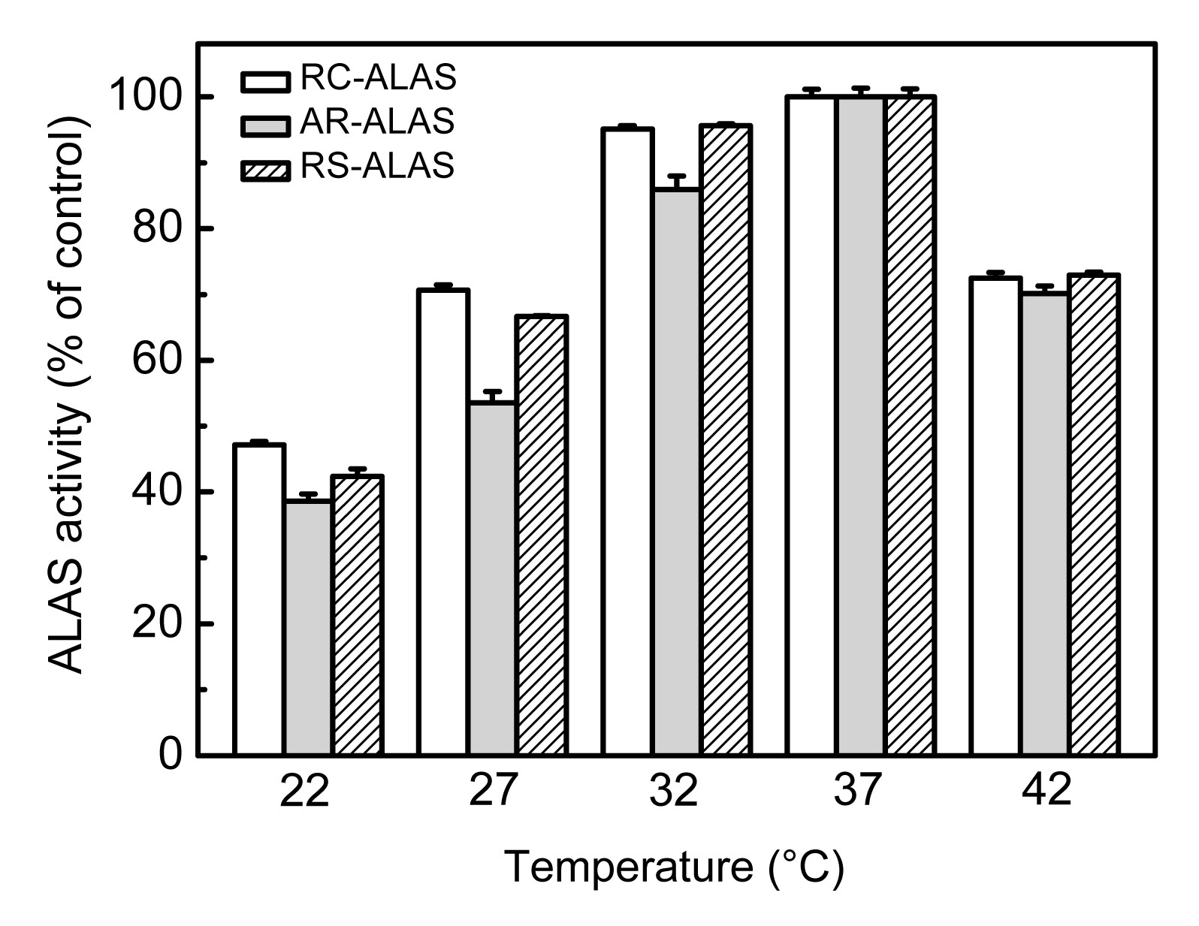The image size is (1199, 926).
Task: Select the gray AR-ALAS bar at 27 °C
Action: [x=493, y=578]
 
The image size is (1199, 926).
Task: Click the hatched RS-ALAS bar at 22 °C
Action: [x=358, y=615]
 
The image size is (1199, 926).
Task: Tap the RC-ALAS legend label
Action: [x=378, y=77]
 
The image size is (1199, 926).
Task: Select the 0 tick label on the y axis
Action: [x=171, y=754]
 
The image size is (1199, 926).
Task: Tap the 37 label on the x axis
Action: [x=858, y=791]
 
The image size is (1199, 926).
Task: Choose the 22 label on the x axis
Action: [x=305, y=791]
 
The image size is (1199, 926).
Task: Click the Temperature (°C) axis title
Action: [x=674, y=867]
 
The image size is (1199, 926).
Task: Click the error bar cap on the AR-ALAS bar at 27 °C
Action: [x=493, y=391]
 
